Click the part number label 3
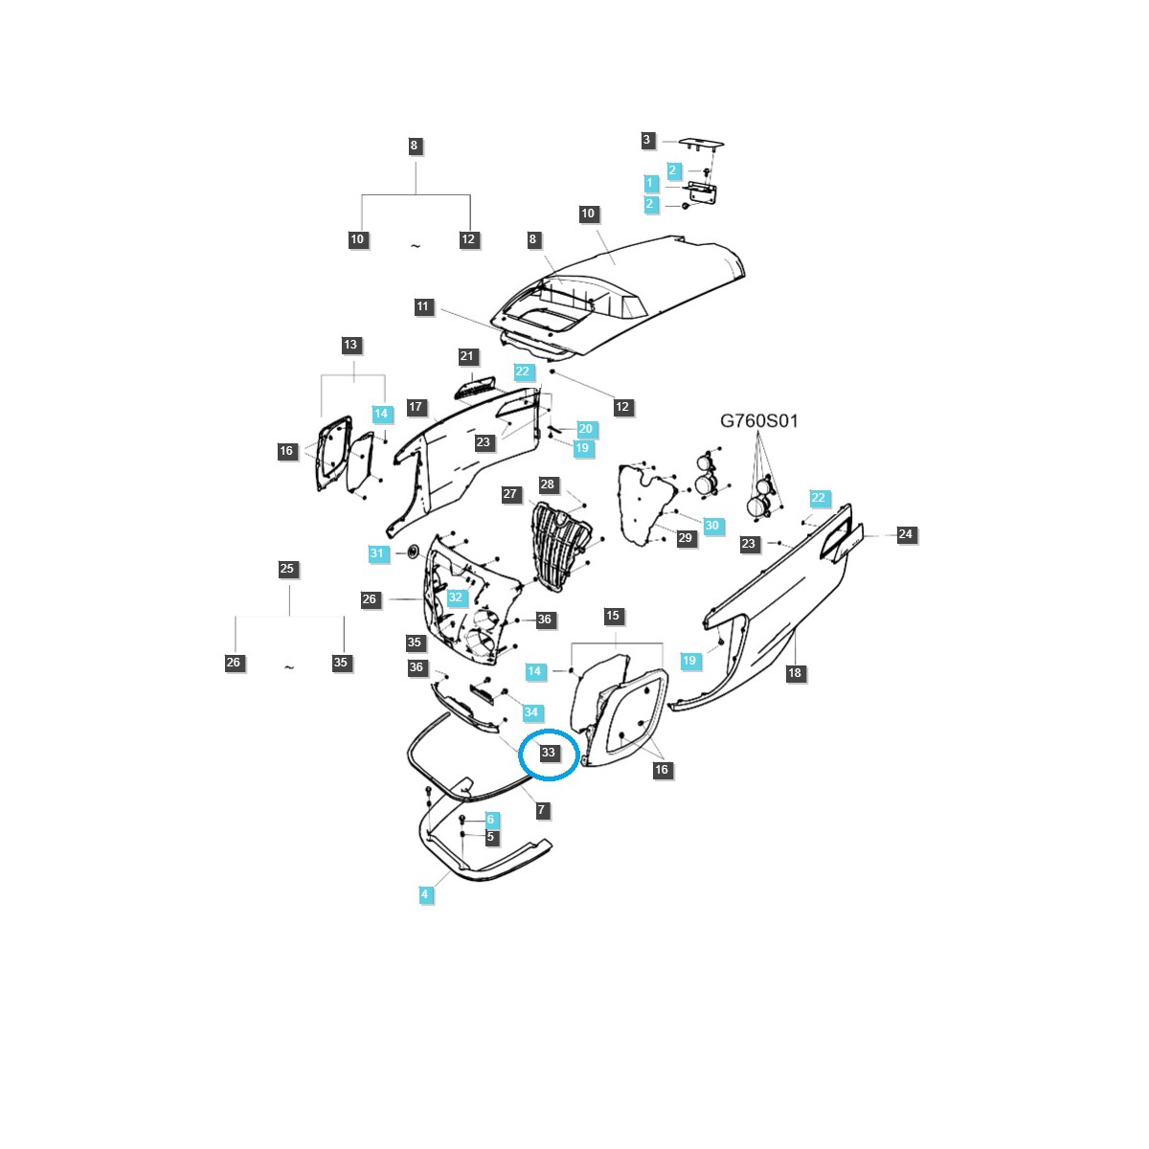pos(646,141)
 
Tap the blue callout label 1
pos(650,183)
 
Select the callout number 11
pos(423,307)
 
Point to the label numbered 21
pos(466,356)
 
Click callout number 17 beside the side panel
pos(416,407)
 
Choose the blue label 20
pos(585,429)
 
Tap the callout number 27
pos(510,495)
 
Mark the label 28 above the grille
pos(548,484)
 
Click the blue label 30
pos(711,526)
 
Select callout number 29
pos(685,538)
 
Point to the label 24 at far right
pos(906,534)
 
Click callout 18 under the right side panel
pos(794,673)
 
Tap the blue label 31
pos(377,553)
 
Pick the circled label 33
pos(548,753)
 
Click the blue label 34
pos(530,712)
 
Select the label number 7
pos(541,810)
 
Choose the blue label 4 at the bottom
pos(425,894)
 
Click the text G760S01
pos(759,420)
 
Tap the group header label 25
pos(287,569)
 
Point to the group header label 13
pos(350,345)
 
